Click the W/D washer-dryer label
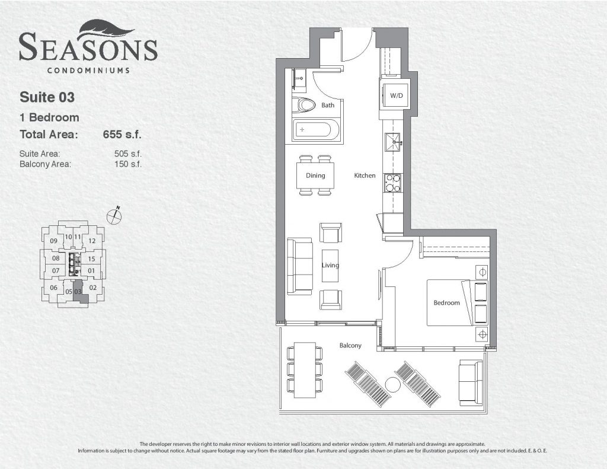pyautogui.click(x=396, y=95)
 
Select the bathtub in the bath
pyautogui.click(x=317, y=130)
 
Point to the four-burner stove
pyautogui.click(x=392, y=183)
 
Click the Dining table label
pyautogui.click(x=315, y=176)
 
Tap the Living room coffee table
pyautogui.click(x=330, y=266)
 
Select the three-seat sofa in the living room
pyautogui.click(x=299, y=266)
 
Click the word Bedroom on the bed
pyautogui.click(x=446, y=303)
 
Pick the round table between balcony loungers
pyautogui.click(x=394, y=385)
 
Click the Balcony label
pyautogui.click(x=350, y=346)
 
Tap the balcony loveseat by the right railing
pyautogui.click(x=471, y=382)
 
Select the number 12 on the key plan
pyautogui.click(x=92, y=241)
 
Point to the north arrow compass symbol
pyautogui.click(x=114, y=216)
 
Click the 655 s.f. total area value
pyautogui.click(x=122, y=135)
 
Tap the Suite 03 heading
pyautogui.click(x=47, y=97)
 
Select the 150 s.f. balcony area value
pyautogui.click(x=128, y=164)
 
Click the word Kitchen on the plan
pyautogui.click(x=365, y=176)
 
